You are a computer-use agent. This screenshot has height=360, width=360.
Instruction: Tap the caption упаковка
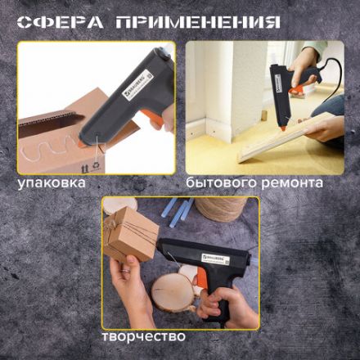click(x=52, y=182)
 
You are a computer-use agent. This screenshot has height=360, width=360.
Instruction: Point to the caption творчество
click(x=145, y=336)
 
